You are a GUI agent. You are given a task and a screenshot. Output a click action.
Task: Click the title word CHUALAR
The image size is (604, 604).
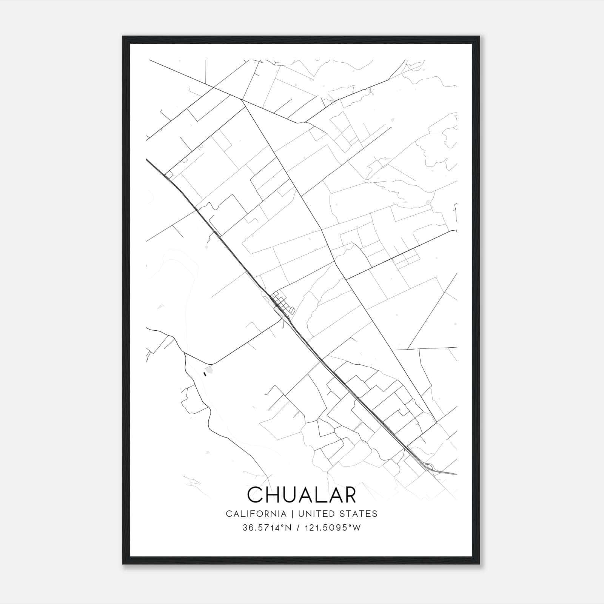pyautogui.click(x=302, y=495)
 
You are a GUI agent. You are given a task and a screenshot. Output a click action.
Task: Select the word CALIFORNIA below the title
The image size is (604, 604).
pyautogui.click(x=256, y=514)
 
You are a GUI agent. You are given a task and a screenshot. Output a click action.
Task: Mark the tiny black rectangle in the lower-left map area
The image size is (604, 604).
pyautogui.click(x=205, y=374)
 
